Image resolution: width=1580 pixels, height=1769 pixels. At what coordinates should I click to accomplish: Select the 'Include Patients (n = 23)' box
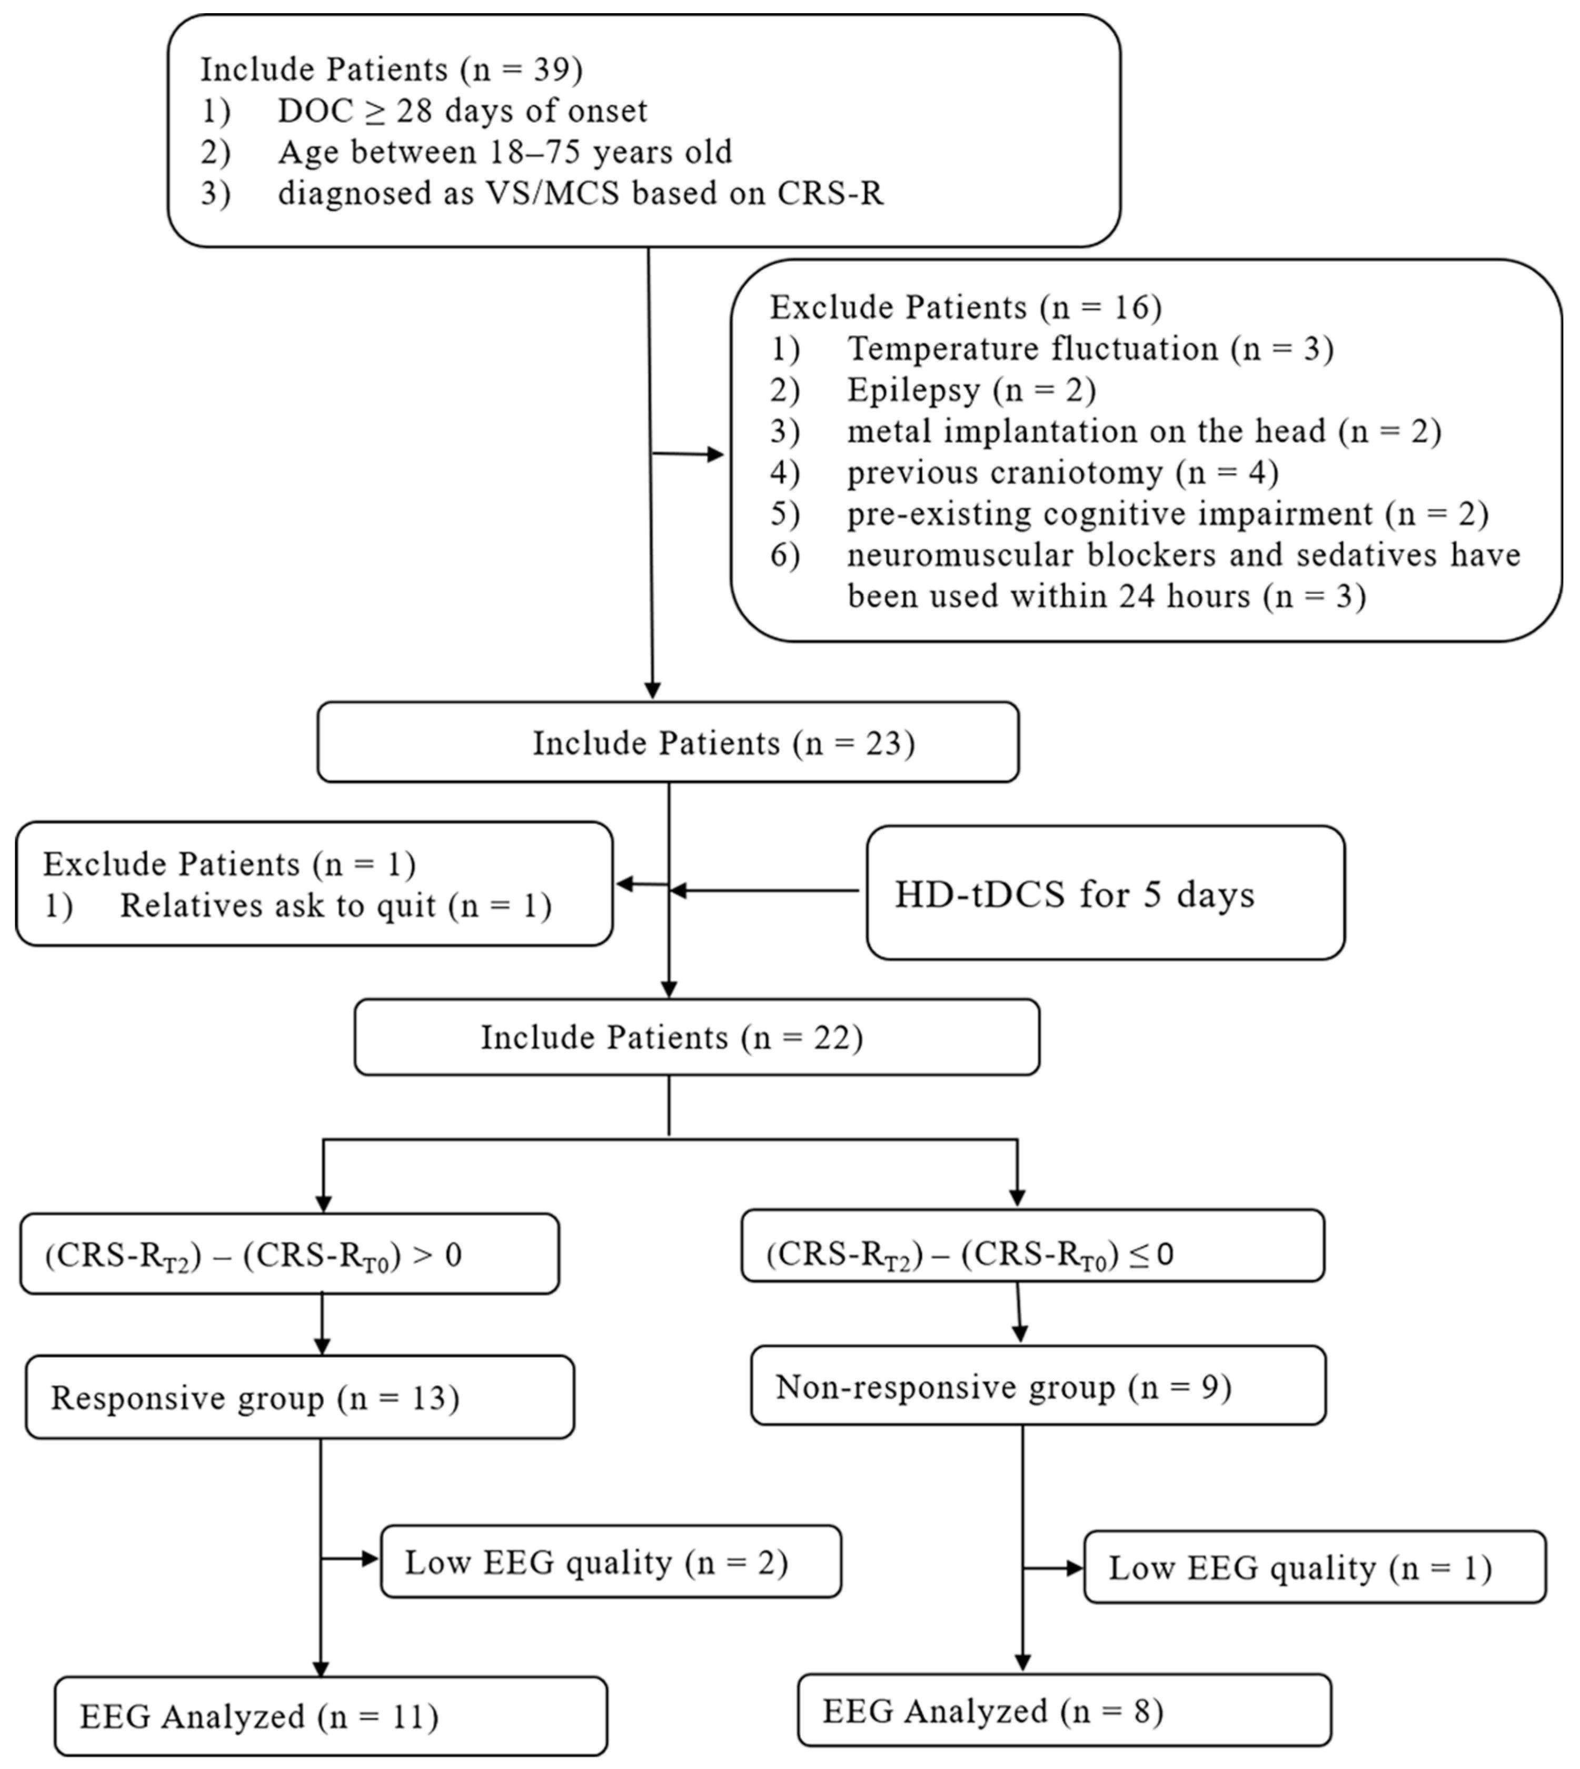pos(668,743)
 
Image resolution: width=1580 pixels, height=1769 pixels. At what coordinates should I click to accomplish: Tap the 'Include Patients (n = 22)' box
pos(696,1037)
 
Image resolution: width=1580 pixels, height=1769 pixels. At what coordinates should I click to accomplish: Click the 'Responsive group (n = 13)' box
pos(300,1397)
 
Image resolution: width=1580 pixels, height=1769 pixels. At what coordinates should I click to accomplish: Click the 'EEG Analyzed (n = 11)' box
pos(330,1716)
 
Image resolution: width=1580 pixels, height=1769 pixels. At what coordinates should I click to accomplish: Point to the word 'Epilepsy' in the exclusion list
pos(913,390)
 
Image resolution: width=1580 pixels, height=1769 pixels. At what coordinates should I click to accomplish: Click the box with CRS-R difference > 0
pos(289,1254)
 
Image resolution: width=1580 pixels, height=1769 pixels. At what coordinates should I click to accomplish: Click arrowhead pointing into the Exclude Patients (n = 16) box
pos(716,454)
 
